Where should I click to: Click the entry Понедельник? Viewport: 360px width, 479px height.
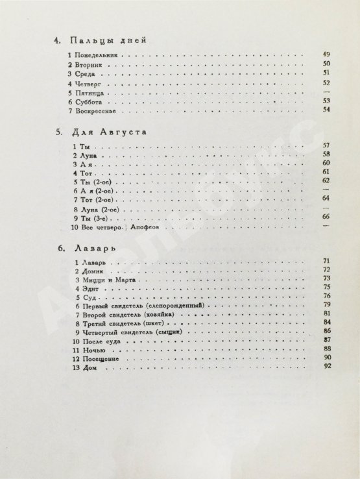pyautogui.click(x=100, y=56)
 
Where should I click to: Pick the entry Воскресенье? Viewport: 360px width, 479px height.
pyautogui.click(x=97, y=111)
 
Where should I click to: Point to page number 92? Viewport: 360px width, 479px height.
pyautogui.click(x=327, y=367)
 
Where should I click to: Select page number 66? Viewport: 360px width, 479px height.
pyautogui.click(x=326, y=215)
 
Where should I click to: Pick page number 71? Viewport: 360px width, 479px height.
pyautogui.click(x=327, y=260)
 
